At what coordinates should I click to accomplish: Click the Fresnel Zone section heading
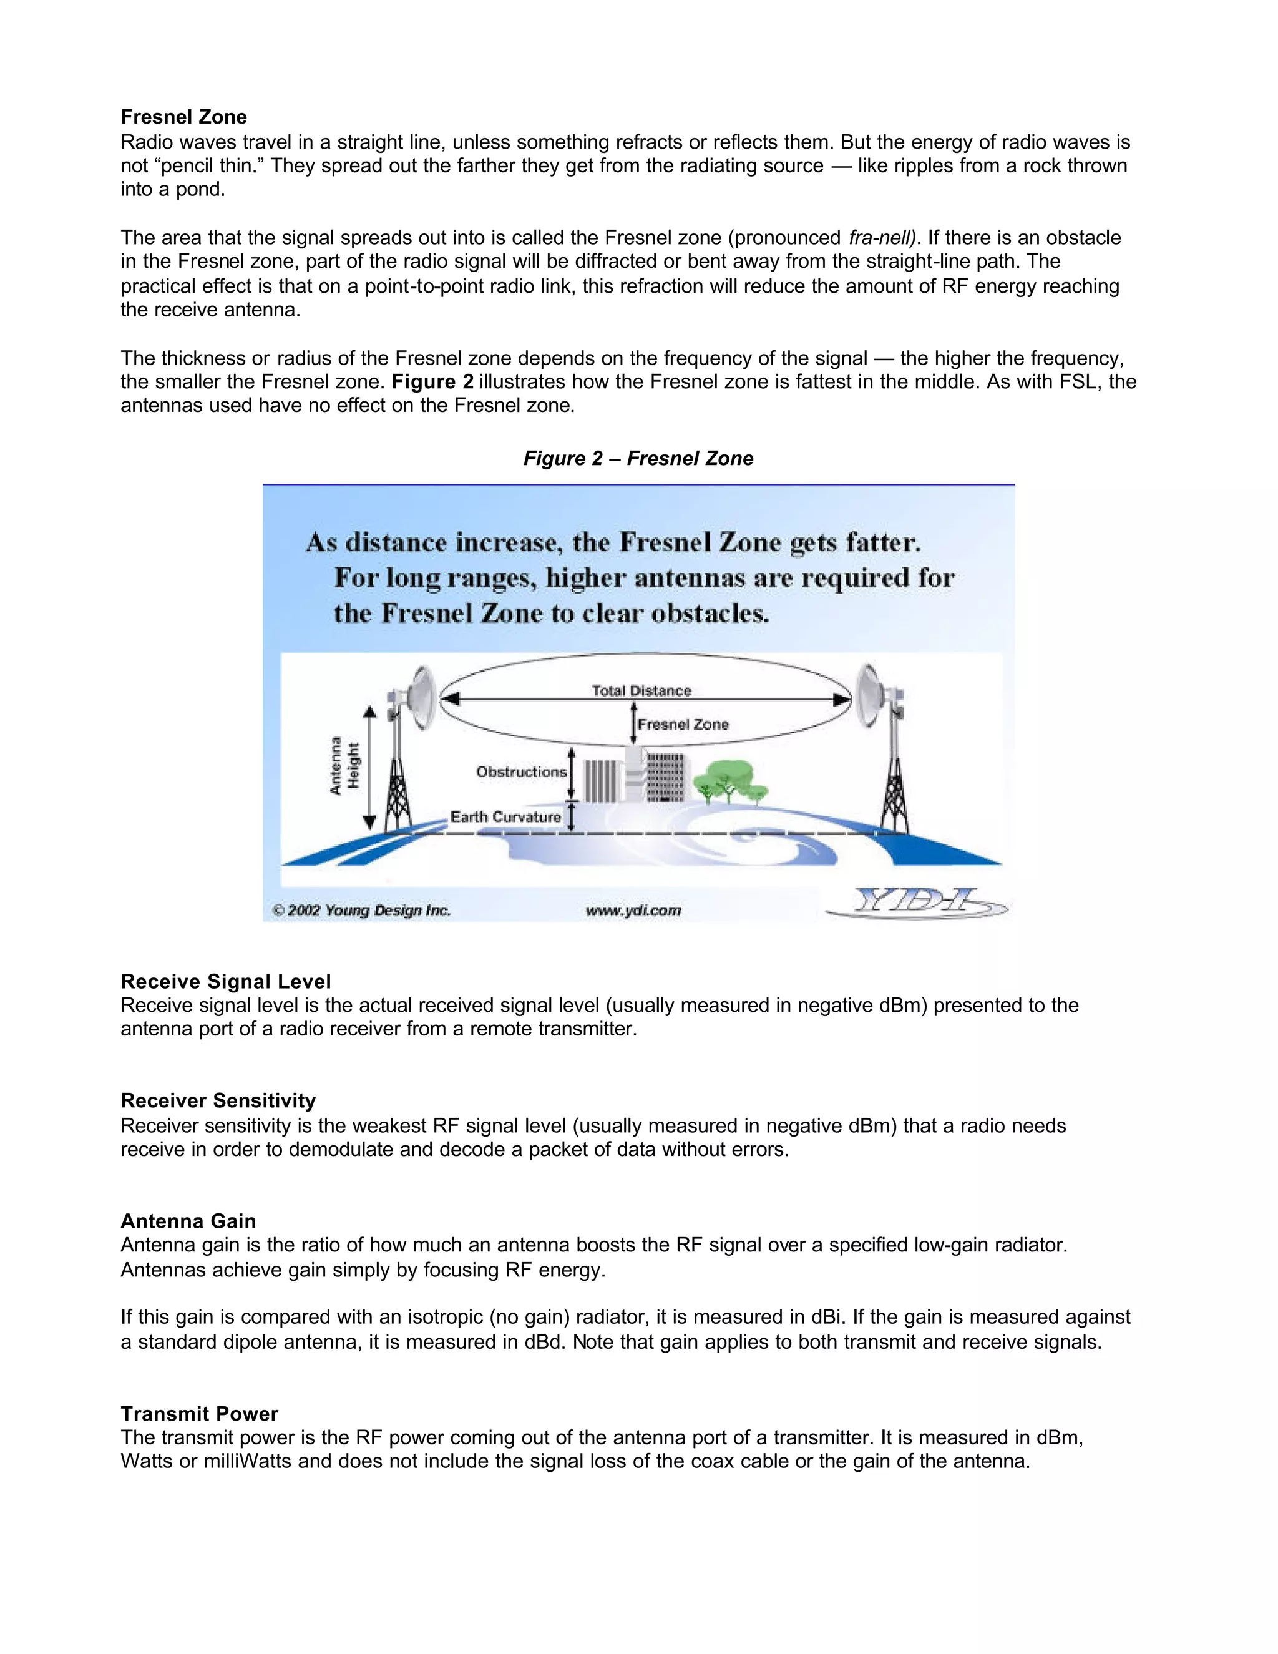[x=184, y=117]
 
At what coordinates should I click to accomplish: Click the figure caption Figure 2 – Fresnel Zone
[x=638, y=458]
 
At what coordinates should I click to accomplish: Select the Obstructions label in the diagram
[x=521, y=771]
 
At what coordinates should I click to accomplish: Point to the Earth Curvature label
[x=505, y=816]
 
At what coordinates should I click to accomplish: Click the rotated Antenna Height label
[x=344, y=766]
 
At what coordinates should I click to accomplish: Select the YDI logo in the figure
[x=916, y=902]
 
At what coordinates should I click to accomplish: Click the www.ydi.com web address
[x=634, y=910]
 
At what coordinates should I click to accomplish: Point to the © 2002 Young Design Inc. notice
[x=361, y=910]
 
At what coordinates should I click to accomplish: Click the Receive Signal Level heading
[x=226, y=982]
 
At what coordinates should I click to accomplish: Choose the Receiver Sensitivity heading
[x=218, y=1100]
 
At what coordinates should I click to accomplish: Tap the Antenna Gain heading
[x=188, y=1221]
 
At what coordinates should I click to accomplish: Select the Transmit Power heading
[x=199, y=1414]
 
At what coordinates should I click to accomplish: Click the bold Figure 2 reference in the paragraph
[x=432, y=382]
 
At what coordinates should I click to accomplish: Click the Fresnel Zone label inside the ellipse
[x=682, y=725]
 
